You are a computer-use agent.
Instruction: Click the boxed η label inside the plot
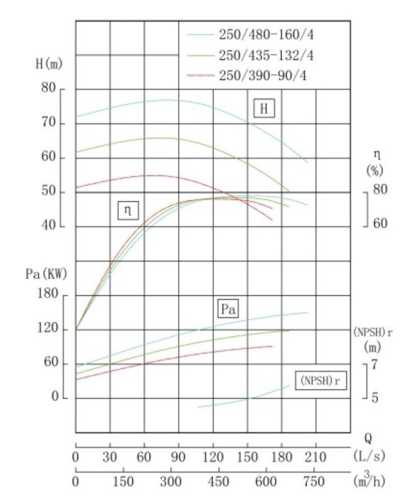128,210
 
